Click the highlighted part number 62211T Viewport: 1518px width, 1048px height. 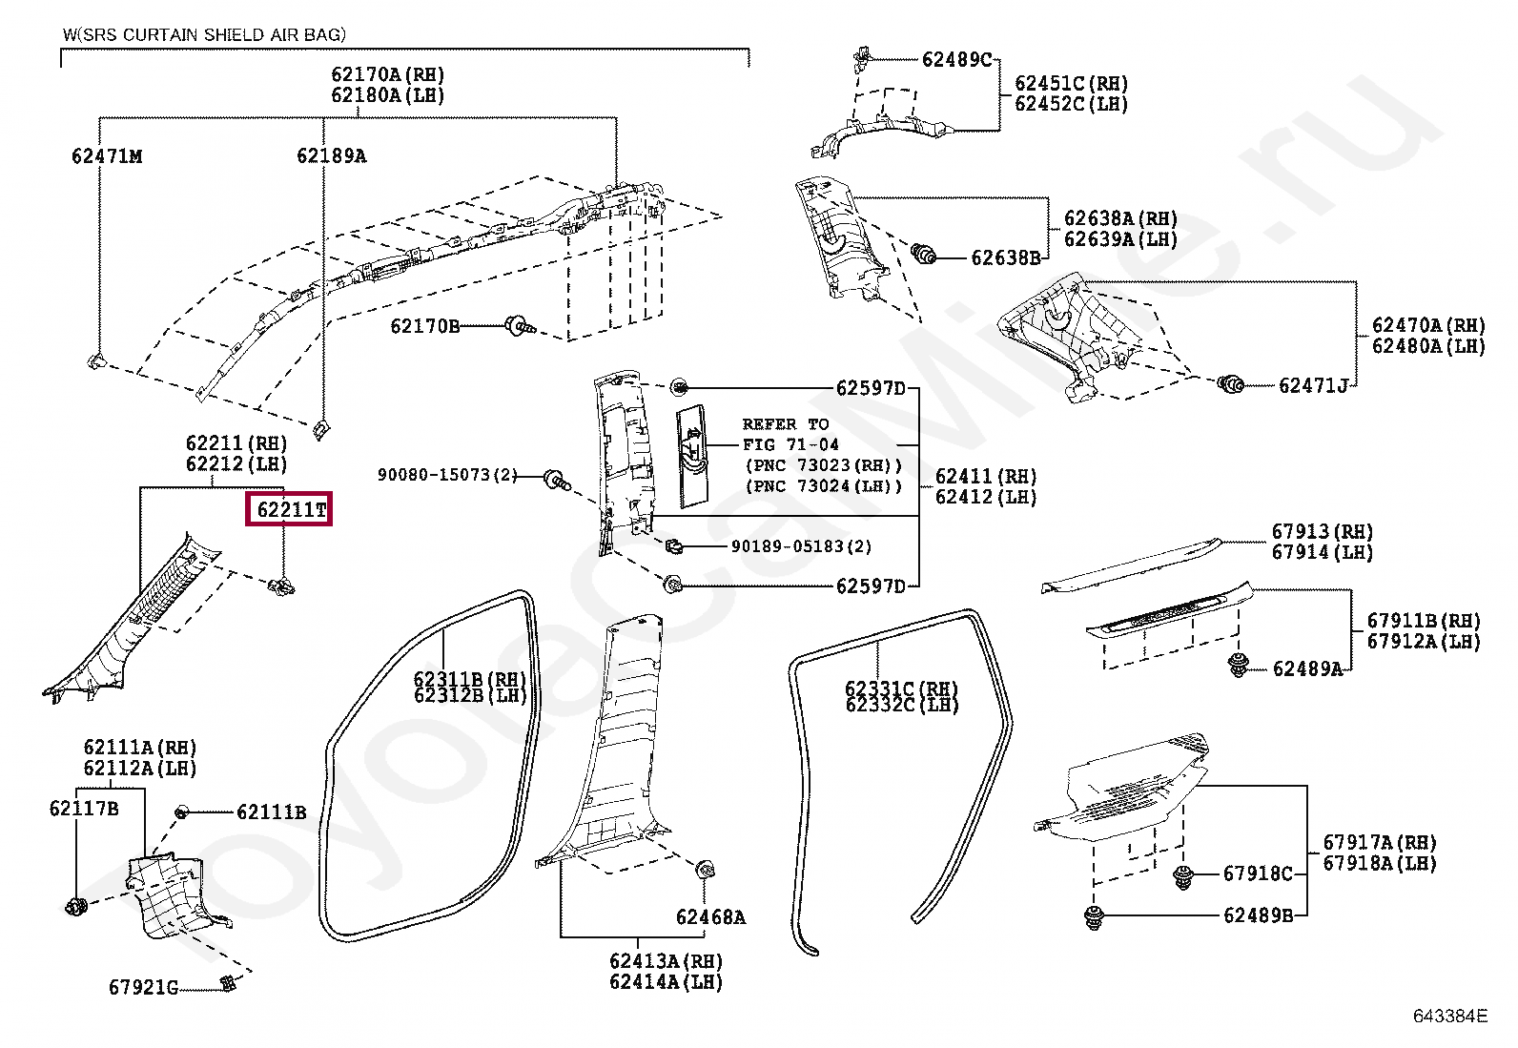point(290,510)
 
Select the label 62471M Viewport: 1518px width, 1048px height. point(107,156)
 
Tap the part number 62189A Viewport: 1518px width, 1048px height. point(331,156)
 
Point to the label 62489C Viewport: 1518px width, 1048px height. point(956,60)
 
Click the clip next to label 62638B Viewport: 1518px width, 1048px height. point(923,254)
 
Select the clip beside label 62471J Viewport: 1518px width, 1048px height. point(1231,384)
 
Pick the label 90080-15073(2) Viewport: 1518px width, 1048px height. point(446,475)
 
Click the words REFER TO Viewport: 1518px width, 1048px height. point(786,424)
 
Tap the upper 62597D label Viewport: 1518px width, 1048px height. point(870,388)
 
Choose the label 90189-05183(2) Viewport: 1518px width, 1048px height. point(801,546)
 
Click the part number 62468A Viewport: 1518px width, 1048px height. point(710,917)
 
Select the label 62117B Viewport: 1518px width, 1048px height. point(84,809)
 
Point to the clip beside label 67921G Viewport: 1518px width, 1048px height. point(227,983)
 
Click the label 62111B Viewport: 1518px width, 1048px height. point(271,812)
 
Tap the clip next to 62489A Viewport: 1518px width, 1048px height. point(1239,665)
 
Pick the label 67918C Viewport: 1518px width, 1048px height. point(1258,873)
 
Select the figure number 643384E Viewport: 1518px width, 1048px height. point(1449,1017)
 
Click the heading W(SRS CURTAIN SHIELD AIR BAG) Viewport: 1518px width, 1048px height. point(204,35)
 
